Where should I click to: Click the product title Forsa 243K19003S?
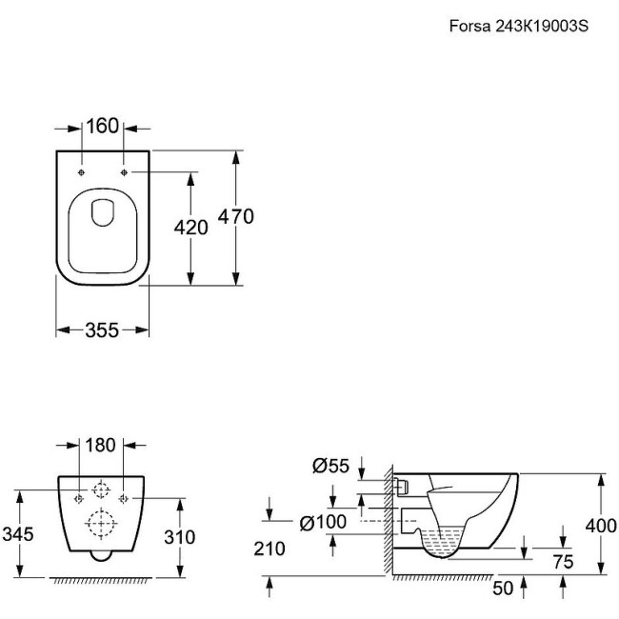519,27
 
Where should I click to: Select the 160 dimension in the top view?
103,126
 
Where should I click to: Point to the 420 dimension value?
190,227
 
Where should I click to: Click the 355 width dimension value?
101,329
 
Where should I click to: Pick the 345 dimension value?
17,535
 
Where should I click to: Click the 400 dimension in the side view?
601,525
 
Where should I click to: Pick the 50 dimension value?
504,589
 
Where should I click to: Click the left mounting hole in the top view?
82,172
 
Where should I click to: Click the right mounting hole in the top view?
125,172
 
